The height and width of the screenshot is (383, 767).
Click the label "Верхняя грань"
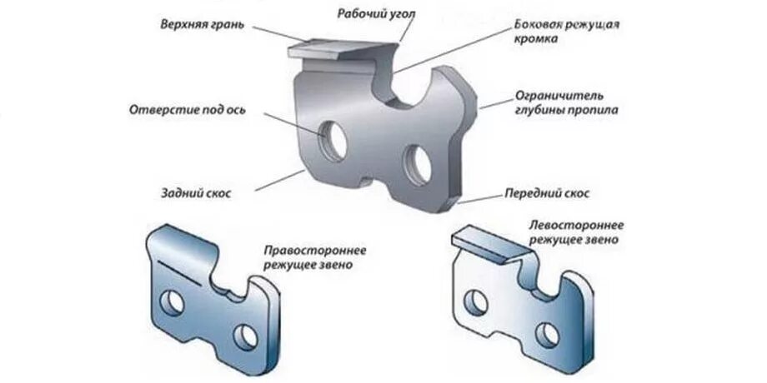coord(203,23)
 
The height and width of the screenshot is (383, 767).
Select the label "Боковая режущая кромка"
coord(567,32)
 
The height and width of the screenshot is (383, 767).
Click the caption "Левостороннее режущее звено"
coord(576,232)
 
